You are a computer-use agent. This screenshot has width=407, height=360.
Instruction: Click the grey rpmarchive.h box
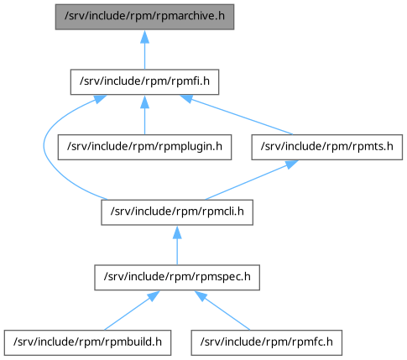(x=144, y=17)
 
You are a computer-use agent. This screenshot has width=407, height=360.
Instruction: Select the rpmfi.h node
(x=144, y=82)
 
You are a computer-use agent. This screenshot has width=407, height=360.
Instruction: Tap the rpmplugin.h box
(x=144, y=147)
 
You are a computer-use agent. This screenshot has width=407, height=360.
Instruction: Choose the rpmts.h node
(x=327, y=147)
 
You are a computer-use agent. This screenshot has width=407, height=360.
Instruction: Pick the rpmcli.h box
(x=177, y=212)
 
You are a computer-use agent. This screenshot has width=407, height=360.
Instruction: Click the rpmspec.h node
(x=177, y=278)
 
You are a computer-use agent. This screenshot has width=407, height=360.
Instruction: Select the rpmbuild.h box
(x=87, y=342)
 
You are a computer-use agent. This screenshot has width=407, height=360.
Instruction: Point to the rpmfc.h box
(x=267, y=342)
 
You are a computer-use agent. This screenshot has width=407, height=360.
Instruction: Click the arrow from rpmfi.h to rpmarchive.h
(x=144, y=50)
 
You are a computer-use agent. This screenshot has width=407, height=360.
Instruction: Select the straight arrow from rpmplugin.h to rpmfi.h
(x=144, y=115)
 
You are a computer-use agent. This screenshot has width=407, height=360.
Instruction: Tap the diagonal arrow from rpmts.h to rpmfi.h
(x=237, y=115)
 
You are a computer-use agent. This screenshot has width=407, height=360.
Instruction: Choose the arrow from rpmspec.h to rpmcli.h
(x=177, y=245)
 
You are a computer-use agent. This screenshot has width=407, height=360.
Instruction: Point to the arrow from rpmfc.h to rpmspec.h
(x=222, y=310)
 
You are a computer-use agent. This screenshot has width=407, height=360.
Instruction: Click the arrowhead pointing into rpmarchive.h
(x=144, y=36)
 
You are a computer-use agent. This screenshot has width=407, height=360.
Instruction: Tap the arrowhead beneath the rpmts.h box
(x=291, y=164)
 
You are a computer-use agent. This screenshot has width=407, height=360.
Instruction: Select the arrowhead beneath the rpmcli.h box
(x=177, y=232)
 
